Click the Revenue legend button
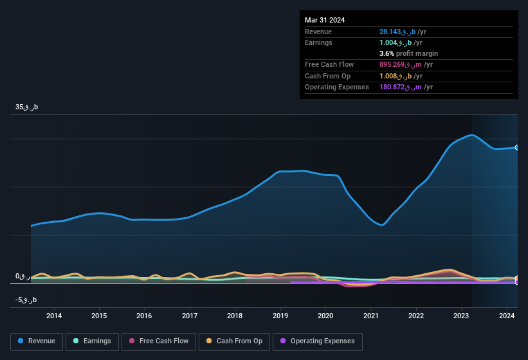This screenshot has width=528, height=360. point(37,341)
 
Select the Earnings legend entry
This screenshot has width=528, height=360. point(91,341)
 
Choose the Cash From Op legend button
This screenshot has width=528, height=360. point(234,341)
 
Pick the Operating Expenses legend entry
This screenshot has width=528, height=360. point(317,341)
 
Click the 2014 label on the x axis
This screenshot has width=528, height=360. point(54,316)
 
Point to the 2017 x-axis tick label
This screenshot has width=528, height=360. point(190,316)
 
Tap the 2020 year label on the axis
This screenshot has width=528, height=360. point(325,316)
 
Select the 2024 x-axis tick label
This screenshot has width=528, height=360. point(507,316)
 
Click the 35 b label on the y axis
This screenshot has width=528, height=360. point(27,107)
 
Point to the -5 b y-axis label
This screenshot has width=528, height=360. point(26,300)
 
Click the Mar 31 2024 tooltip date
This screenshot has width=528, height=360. point(325,20)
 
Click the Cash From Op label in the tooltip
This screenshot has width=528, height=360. point(328,76)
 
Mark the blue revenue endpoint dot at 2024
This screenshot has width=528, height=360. point(517,147)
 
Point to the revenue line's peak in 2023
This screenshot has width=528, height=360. point(472,135)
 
